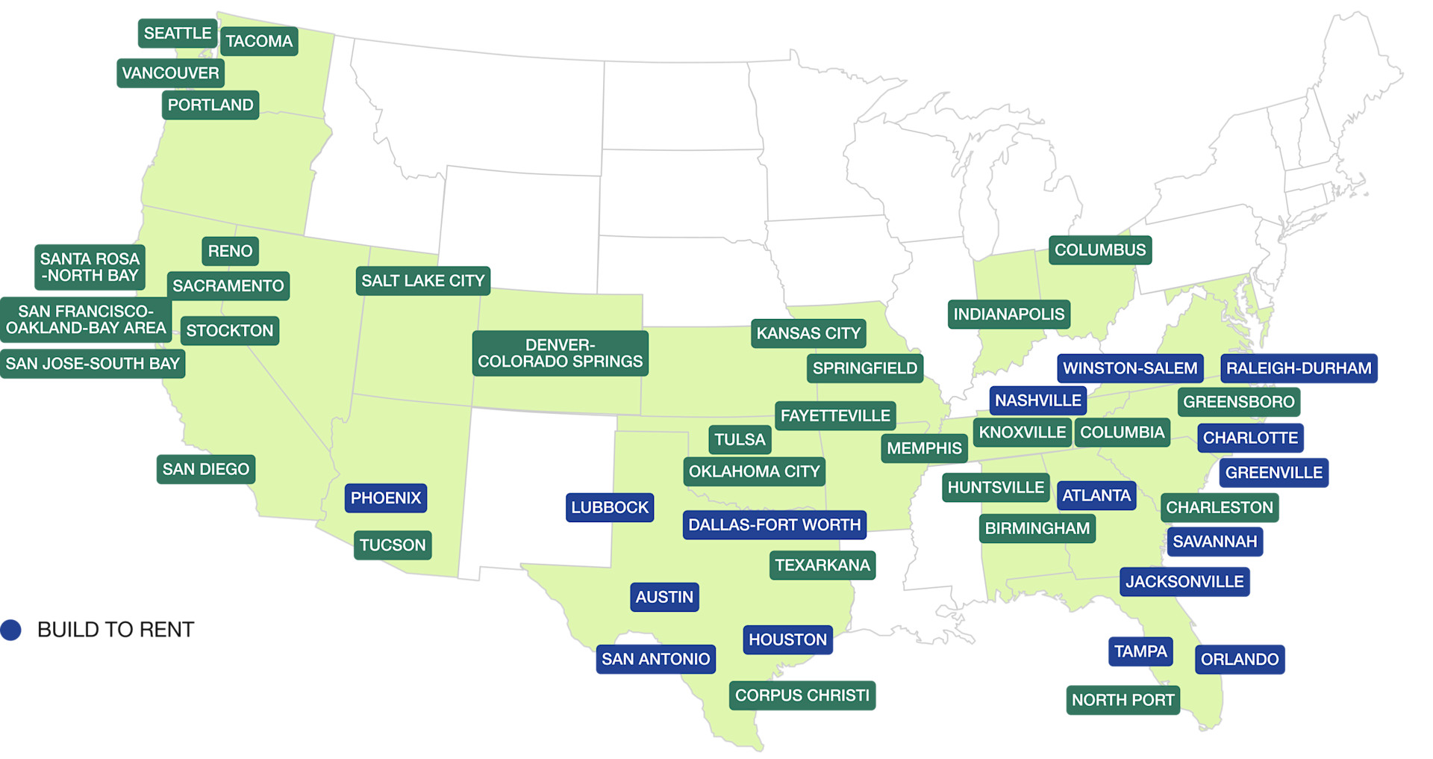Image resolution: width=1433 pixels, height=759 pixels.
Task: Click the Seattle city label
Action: tap(178, 34)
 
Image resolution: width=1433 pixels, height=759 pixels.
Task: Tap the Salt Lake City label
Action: tap(422, 281)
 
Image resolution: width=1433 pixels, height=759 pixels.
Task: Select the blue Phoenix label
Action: tap(386, 498)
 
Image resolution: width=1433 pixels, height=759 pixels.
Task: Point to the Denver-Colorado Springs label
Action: tap(560, 353)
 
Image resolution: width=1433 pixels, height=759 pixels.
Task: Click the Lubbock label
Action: tap(610, 508)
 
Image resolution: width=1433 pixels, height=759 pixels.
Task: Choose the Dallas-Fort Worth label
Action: tap(774, 525)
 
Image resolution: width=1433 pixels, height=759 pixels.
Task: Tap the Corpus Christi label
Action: tap(802, 696)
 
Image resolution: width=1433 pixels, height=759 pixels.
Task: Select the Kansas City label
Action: tap(808, 333)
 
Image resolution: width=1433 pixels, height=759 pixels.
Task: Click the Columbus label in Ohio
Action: tap(1099, 250)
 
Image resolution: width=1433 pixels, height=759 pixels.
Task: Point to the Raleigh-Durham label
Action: tap(1299, 368)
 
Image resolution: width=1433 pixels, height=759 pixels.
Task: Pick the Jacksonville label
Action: tap(1184, 582)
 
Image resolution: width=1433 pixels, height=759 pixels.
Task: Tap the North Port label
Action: tap(1123, 700)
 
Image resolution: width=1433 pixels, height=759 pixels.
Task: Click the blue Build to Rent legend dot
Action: tap(11, 630)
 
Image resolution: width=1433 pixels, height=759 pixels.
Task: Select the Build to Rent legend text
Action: tap(116, 630)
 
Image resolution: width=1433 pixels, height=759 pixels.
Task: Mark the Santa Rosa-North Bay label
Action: tap(90, 267)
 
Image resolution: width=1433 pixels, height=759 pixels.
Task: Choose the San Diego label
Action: tap(206, 469)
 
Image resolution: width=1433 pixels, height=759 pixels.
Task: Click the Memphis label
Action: tap(924, 448)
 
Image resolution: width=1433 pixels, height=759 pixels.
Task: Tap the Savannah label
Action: tap(1214, 542)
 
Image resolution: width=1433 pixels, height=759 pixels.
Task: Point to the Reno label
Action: tap(230, 251)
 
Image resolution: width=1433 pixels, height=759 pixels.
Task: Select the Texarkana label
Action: tap(822, 566)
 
